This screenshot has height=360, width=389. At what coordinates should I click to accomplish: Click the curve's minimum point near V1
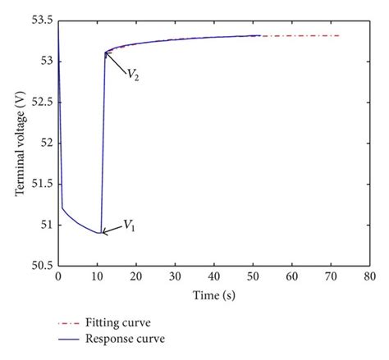[99, 233]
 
